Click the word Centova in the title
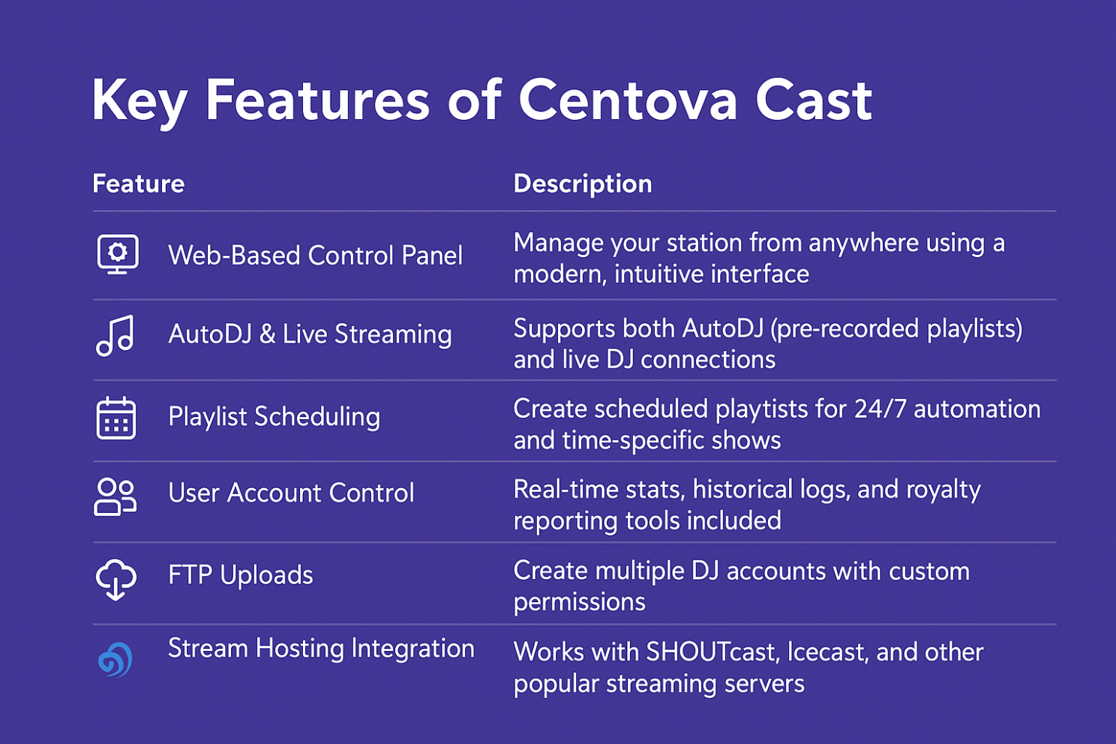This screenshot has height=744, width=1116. click(x=628, y=100)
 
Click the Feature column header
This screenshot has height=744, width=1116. click(x=139, y=184)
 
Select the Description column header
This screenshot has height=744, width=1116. click(x=583, y=184)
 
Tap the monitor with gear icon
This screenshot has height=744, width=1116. click(x=118, y=254)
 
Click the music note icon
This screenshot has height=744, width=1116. click(x=115, y=335)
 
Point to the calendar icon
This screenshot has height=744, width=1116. click(x=116, y=418)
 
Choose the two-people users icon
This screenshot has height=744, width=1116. click(x=115, y=496)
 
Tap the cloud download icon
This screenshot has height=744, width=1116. click(x=115, y=579)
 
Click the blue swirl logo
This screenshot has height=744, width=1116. click(x=115, y=660)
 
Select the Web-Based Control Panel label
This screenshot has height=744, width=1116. click(x=315, y=255)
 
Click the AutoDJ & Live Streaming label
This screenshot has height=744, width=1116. click(x=310, y=334)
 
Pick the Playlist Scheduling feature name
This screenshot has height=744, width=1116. click(x=274, y=416)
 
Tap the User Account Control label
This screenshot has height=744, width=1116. click(x=291, y=493)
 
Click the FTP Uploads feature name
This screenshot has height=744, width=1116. click(x=241, y=575)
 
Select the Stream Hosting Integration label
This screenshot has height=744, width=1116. click(x=321, y=649)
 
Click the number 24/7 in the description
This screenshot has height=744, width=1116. click(x=880, y=409)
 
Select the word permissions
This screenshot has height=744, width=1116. click(x=580, y=603)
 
